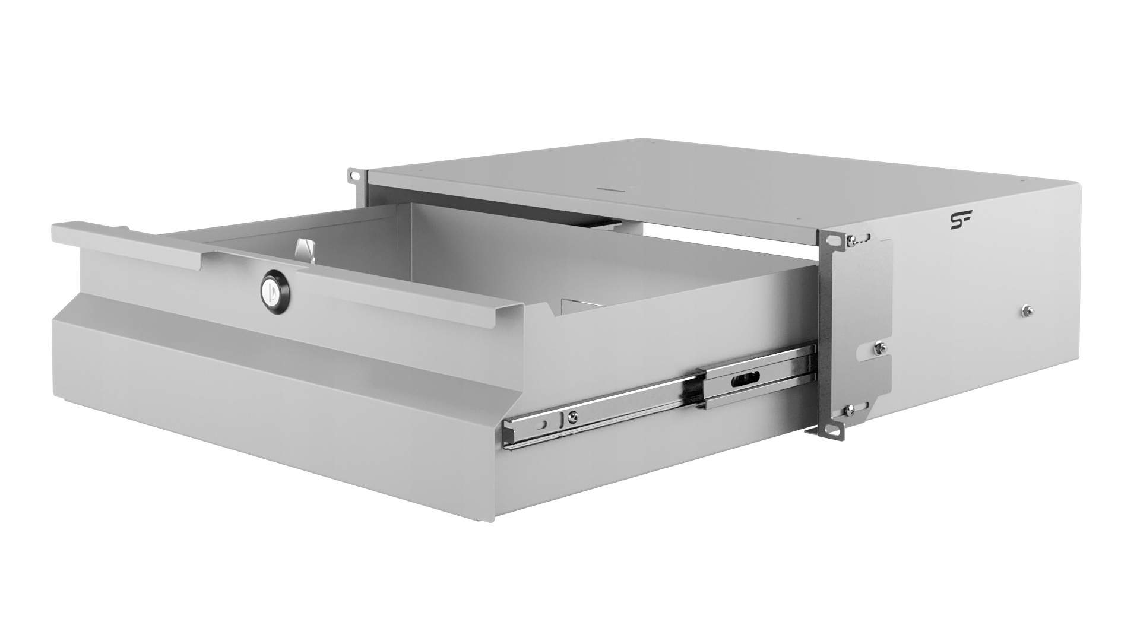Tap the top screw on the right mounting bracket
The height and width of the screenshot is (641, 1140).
pos(853,240)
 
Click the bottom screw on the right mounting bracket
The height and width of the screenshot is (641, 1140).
pos(852,408)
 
